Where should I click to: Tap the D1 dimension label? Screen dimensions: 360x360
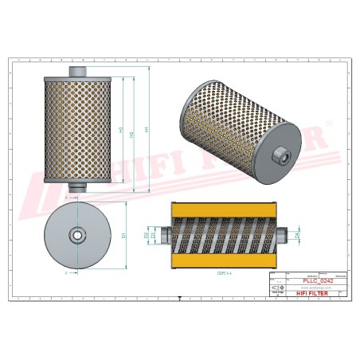pos(125,235)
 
